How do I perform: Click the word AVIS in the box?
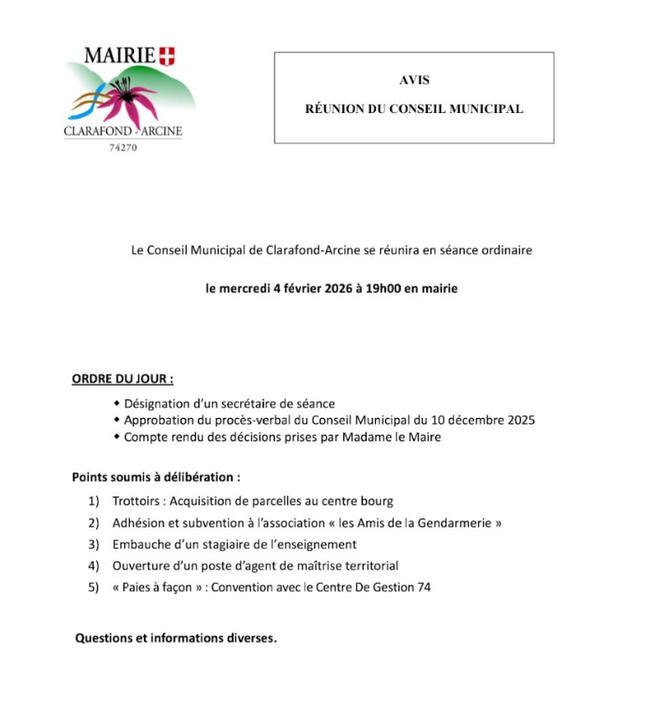[x=414, y=80]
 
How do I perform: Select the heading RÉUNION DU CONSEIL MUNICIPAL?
[x=414, y=109]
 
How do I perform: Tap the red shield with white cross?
[x=167, y=57]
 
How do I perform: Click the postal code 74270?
[x=123, y=147]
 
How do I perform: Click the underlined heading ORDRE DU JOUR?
[x=122, y=379]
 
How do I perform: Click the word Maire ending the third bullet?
[x=424, y=437]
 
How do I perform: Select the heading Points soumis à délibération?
[x=156, y=477]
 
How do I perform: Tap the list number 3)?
[x=94, y=544]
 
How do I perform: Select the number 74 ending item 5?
[x=423, y=587]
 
